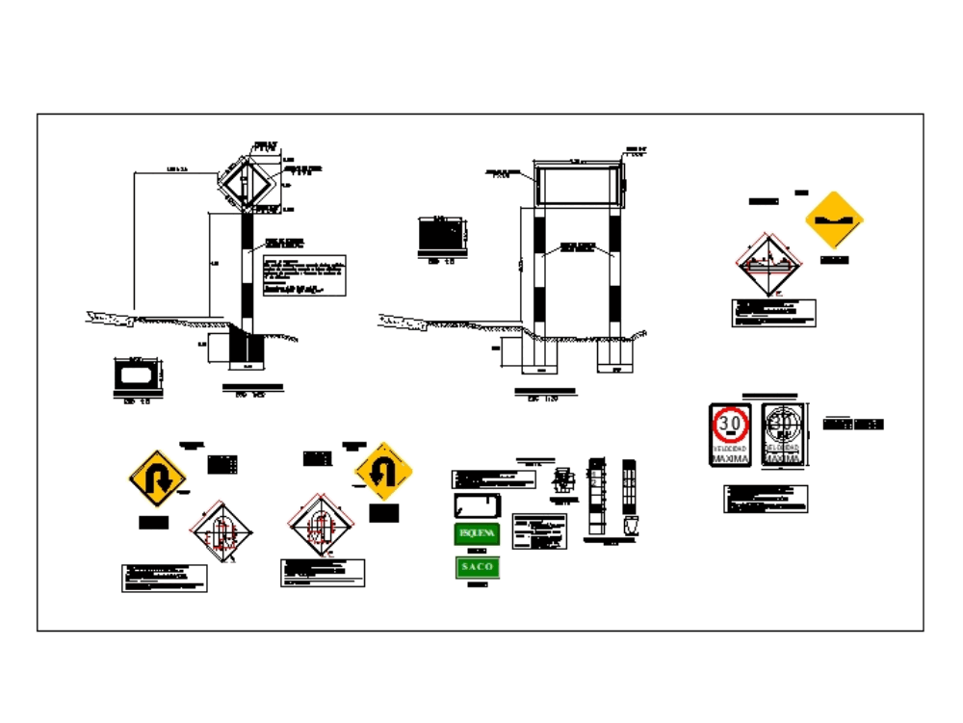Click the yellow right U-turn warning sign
157,478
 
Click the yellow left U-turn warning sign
384,472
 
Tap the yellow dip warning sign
834,219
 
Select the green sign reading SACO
477,567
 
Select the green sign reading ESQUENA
477,533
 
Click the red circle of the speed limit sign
730,424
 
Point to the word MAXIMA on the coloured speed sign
730,459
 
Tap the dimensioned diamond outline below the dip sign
766,266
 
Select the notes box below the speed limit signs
766,499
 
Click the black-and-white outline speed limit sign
784,435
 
